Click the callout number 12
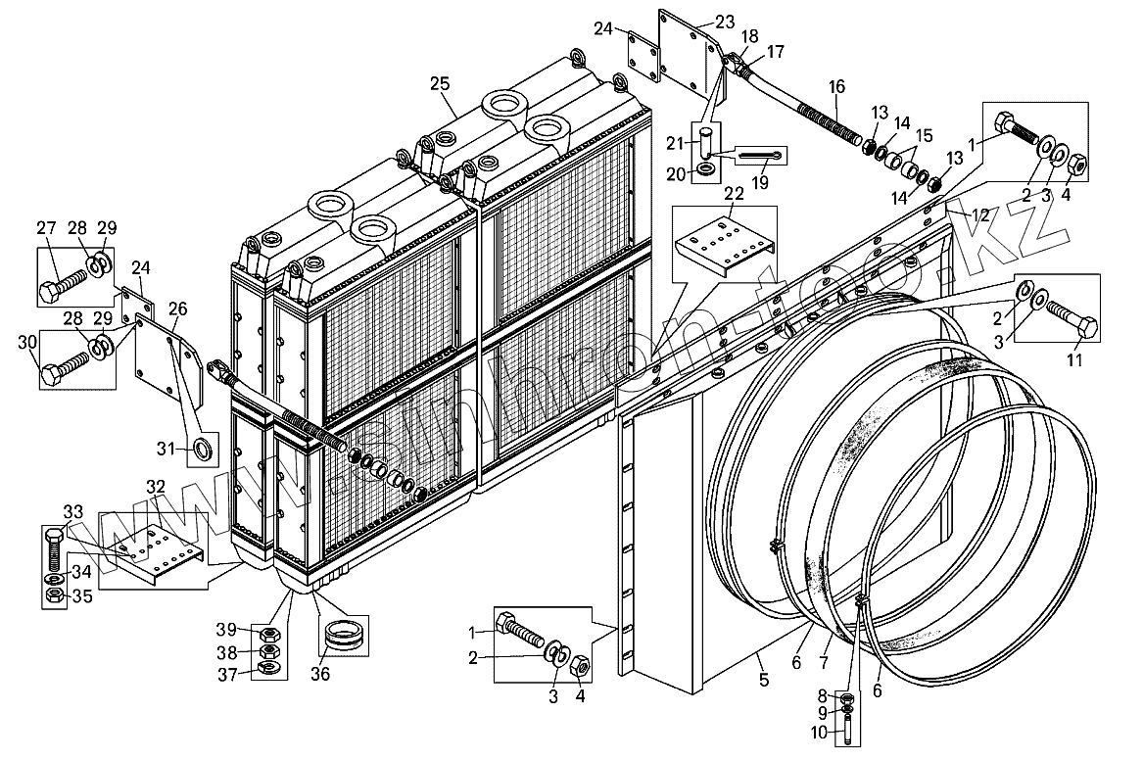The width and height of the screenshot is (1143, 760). click(980, 214)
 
